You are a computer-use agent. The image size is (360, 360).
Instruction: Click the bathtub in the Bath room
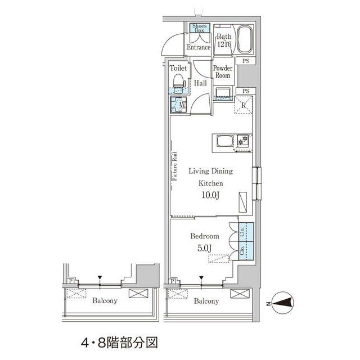pos(245,39)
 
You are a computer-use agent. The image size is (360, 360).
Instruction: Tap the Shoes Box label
pos(200,29)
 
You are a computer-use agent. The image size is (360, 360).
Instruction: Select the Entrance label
pos(199,48)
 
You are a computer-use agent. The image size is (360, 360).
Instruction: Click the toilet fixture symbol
pos(179,81)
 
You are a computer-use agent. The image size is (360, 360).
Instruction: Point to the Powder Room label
pos(222,71)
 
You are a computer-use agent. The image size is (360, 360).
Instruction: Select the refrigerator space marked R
pos(245,105)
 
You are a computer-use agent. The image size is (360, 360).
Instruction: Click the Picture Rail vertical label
pos(174,166)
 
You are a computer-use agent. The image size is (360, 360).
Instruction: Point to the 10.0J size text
pos(210,195)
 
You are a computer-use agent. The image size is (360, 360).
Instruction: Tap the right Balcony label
pos(206,301)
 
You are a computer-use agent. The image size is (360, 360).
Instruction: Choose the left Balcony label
pos(105,301)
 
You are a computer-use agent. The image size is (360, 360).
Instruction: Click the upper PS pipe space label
pos(246,61)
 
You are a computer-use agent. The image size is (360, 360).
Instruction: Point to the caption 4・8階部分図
pos(119,341)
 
